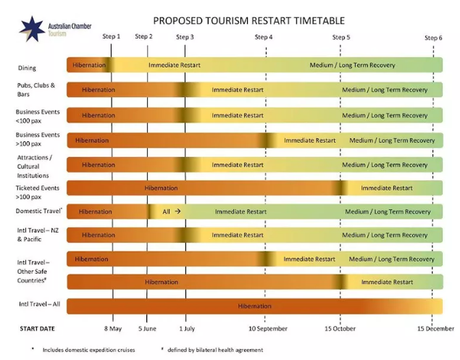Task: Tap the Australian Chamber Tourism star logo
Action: [31, 28]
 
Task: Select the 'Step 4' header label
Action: [264, 37]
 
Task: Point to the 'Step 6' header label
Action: [433, 37]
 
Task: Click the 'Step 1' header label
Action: [112, 36]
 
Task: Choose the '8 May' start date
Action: [113, 328]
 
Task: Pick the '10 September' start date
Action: [267, 328]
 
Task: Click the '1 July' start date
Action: [188, 328]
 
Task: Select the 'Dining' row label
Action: [27, 68]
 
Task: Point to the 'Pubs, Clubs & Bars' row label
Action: [35, 90]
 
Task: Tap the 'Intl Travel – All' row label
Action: [38, 304]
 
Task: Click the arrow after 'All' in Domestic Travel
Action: [177, 212]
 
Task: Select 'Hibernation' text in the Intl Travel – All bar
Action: [254, 306]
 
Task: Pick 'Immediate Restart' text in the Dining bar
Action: [175, 65]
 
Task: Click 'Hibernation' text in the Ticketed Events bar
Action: [161, 188]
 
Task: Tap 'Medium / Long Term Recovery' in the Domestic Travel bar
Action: [388, 212]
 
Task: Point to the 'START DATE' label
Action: [37, 328]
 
